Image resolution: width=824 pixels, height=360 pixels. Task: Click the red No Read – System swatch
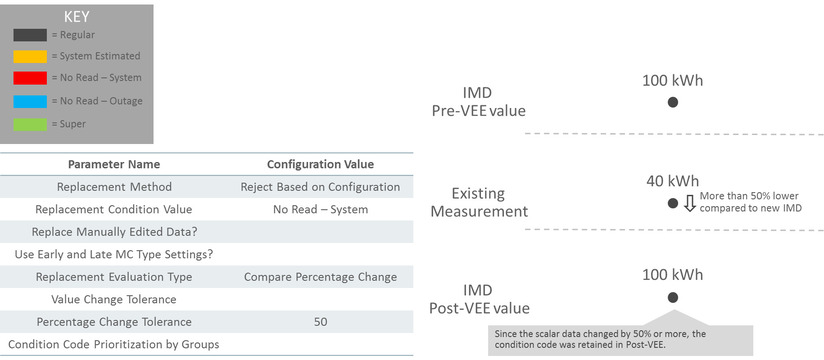point(28,78)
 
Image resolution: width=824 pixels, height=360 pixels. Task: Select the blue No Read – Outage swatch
point(28,101)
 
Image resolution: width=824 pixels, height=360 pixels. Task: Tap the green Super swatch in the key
point(28,123)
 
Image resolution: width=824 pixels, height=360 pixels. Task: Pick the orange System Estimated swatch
point(28,56)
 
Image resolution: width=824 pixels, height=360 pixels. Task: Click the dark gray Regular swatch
point(28,35)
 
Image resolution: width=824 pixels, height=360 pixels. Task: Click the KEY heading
point(76,17)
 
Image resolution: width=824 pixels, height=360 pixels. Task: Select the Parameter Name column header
point(113,164)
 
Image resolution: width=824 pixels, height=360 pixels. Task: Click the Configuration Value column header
point(320,164)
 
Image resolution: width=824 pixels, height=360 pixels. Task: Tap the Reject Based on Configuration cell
point(320,187)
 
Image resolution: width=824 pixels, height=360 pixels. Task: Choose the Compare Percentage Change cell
point(320,277)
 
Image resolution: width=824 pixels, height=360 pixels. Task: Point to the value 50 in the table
point(320,322)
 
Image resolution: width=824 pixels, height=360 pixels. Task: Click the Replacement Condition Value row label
point(113,210)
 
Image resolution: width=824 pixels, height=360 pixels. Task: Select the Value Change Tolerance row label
point(113,299)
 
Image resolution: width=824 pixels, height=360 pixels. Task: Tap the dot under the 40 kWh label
point(673,203)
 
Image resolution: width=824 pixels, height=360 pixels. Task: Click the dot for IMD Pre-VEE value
point(673,102)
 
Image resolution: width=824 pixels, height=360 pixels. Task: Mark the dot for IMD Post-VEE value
point(673,297)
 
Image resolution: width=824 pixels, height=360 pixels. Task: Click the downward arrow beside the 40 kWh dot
point(689,204)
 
